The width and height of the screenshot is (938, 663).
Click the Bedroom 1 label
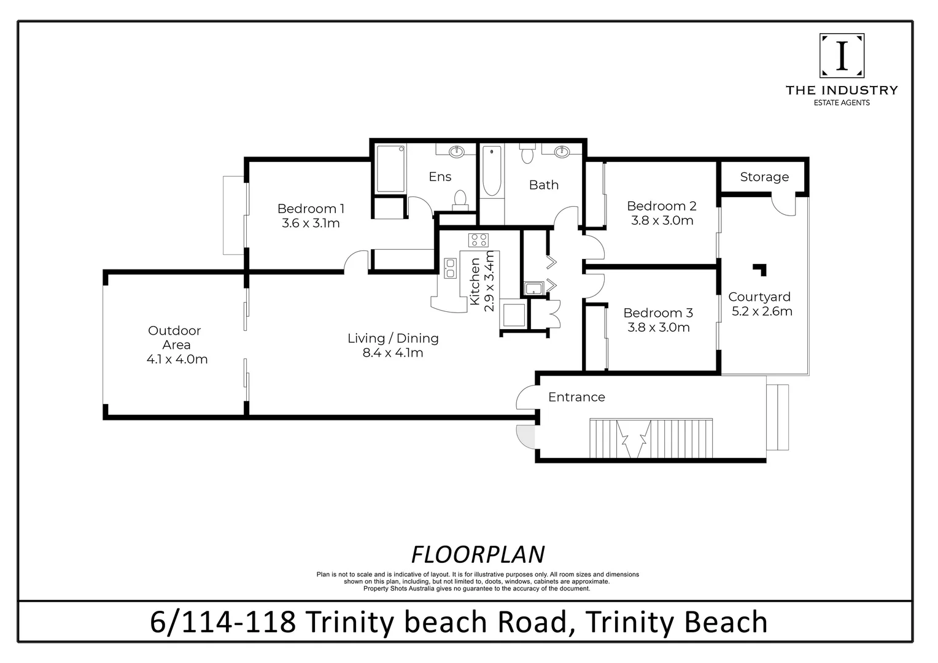click(x=311, y=209)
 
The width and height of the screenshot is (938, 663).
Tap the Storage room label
click(x=764, y=177)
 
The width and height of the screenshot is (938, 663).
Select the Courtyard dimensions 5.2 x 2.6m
click(x=762, y=311)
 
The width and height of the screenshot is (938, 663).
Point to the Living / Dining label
click(x=393, y=338)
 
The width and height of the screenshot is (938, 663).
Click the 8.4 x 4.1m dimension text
click(x=393, y=352)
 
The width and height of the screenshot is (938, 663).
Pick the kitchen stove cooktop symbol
click(x=479, y=240)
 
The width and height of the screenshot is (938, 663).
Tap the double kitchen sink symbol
click(x=450, y=268)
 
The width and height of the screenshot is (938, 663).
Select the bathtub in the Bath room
click(x=492, y=171)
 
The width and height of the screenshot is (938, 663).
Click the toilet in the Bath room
click(x=527, y=153)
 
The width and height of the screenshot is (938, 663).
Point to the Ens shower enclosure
click(x=390, y=169)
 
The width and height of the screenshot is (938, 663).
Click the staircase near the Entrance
click(x=651, y=438)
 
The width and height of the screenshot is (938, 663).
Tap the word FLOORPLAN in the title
click(x=478, y=554)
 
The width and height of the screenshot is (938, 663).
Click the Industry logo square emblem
click(x=842, y=56)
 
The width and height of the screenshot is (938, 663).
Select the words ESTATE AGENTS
click(x=842, y=103)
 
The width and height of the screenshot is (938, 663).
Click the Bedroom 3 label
click(x=658, y=313)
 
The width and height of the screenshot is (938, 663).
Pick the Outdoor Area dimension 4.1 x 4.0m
click(x=177, y=359)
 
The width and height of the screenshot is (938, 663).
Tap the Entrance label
click(x=576, y=397)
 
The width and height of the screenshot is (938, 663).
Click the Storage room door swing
click(x=784, y=205)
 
